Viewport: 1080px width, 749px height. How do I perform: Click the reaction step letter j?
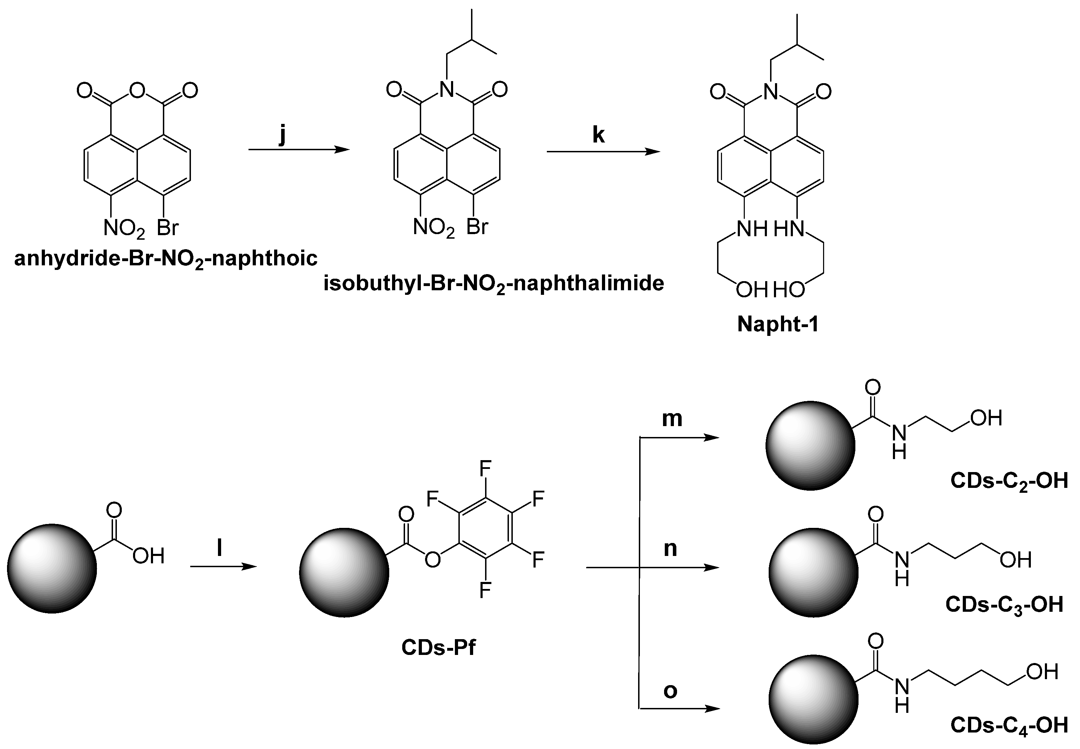click(x=282, y=136)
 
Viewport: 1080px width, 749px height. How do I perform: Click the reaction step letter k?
click(x=598, y=135)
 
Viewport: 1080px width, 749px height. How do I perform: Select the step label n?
click(x=670, y=548)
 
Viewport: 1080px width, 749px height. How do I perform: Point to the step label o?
click(x=670, y=690)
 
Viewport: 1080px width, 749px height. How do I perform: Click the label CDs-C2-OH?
click(x=1009, y=482)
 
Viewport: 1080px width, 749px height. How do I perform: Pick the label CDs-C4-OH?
click(x=1009, y=725)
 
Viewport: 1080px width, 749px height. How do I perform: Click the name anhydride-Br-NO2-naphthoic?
click(x=166, y=259)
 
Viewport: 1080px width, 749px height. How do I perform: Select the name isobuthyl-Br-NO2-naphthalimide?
click(x=494, y=284)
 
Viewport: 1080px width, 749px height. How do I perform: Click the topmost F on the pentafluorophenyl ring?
click(x=485, y=468)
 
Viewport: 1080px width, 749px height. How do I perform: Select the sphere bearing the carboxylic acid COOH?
click(x=52, y=568)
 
